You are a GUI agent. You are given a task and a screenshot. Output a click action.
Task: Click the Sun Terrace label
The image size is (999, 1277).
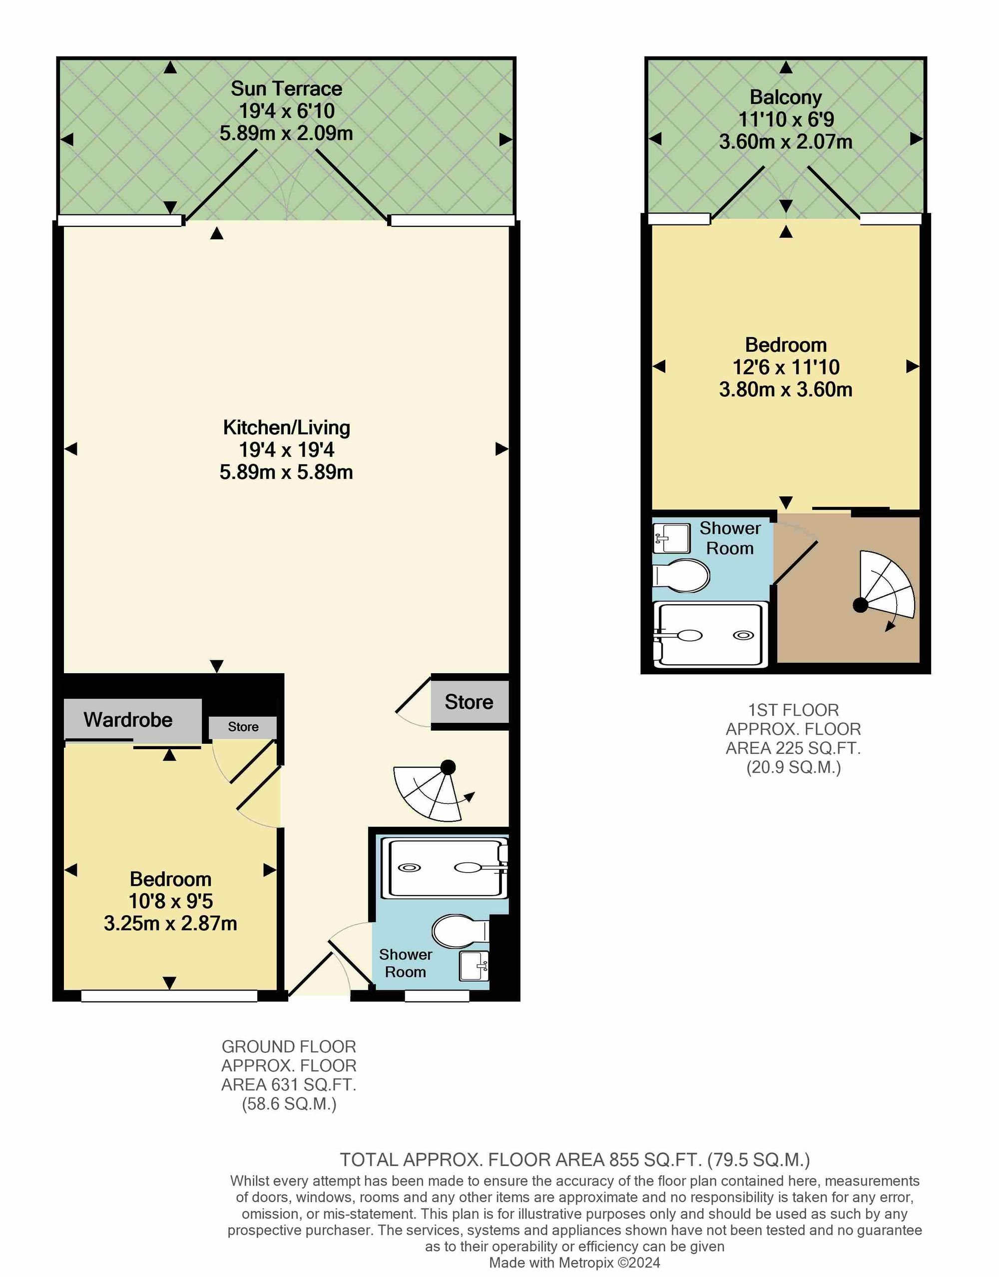click(x=286, y=89)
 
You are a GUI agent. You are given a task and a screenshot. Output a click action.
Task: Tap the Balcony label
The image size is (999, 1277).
click(x=786, y=97)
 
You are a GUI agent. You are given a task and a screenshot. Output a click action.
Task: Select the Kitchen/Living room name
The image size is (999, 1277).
click(x=286, y=428)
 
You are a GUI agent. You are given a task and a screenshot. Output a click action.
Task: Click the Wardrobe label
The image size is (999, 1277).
click(x=128, y=720)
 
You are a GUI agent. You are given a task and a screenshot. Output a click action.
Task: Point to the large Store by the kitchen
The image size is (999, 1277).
click(x=469, y=702)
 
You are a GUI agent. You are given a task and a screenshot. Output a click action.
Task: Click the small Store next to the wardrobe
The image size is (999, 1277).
click(x=243, y=727)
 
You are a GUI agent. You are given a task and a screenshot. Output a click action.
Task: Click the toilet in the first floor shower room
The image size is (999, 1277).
click(x=681, y=576)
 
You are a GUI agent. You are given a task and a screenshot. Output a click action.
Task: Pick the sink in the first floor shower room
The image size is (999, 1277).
click(x=671, y=538)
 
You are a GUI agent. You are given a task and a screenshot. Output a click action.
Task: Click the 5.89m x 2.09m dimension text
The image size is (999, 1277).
click(x=286, y=133)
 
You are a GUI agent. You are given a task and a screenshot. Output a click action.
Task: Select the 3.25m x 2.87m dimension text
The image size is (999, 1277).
click(x=170, y=924)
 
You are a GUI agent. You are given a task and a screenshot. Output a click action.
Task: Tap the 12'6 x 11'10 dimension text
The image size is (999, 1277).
click(x=786, y=367)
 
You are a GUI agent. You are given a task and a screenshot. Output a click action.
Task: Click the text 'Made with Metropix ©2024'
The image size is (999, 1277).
click(x=574, y=1263)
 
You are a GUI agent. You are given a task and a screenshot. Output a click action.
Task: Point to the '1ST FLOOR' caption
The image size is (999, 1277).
click(x=794, y=710)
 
